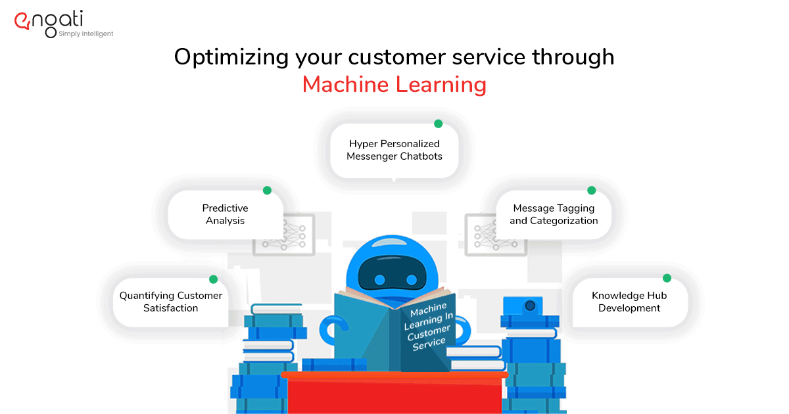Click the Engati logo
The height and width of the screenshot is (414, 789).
click(x=63, y=24)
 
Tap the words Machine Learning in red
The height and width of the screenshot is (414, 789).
click(x=394, y=85)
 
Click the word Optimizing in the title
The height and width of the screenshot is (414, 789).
click(x=231, y=58)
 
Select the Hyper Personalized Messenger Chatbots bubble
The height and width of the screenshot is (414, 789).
click(x=394, y=150)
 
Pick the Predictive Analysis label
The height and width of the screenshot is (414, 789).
click(x=225, y=214)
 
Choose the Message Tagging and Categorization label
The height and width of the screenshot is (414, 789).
click(x=554, y=214)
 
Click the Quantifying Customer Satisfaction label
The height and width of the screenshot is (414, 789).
click(x=171, y=302)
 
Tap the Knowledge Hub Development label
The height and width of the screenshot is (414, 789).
click(x=629, y=302)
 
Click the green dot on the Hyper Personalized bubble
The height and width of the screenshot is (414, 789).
click(x=438, y=124)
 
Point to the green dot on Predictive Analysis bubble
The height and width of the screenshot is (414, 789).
click(x=267, y=191)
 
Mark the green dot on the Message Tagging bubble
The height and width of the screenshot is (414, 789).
click(x=591, y=191)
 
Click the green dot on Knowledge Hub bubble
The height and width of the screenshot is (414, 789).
click(x=667, y=278)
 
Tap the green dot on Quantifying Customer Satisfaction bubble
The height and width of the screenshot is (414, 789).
click(x=213, y=279)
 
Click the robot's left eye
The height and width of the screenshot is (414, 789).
click(x=379, y=280)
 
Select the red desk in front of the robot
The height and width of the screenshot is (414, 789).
click(x=394, y=392)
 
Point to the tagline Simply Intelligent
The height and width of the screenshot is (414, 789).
click(x=86, y=34)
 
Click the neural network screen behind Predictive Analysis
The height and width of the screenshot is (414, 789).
click(x=284, y=235)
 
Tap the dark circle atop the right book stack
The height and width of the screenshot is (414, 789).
click(x=530, y=306)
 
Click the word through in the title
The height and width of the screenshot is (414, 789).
click(x=573, y=58)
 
